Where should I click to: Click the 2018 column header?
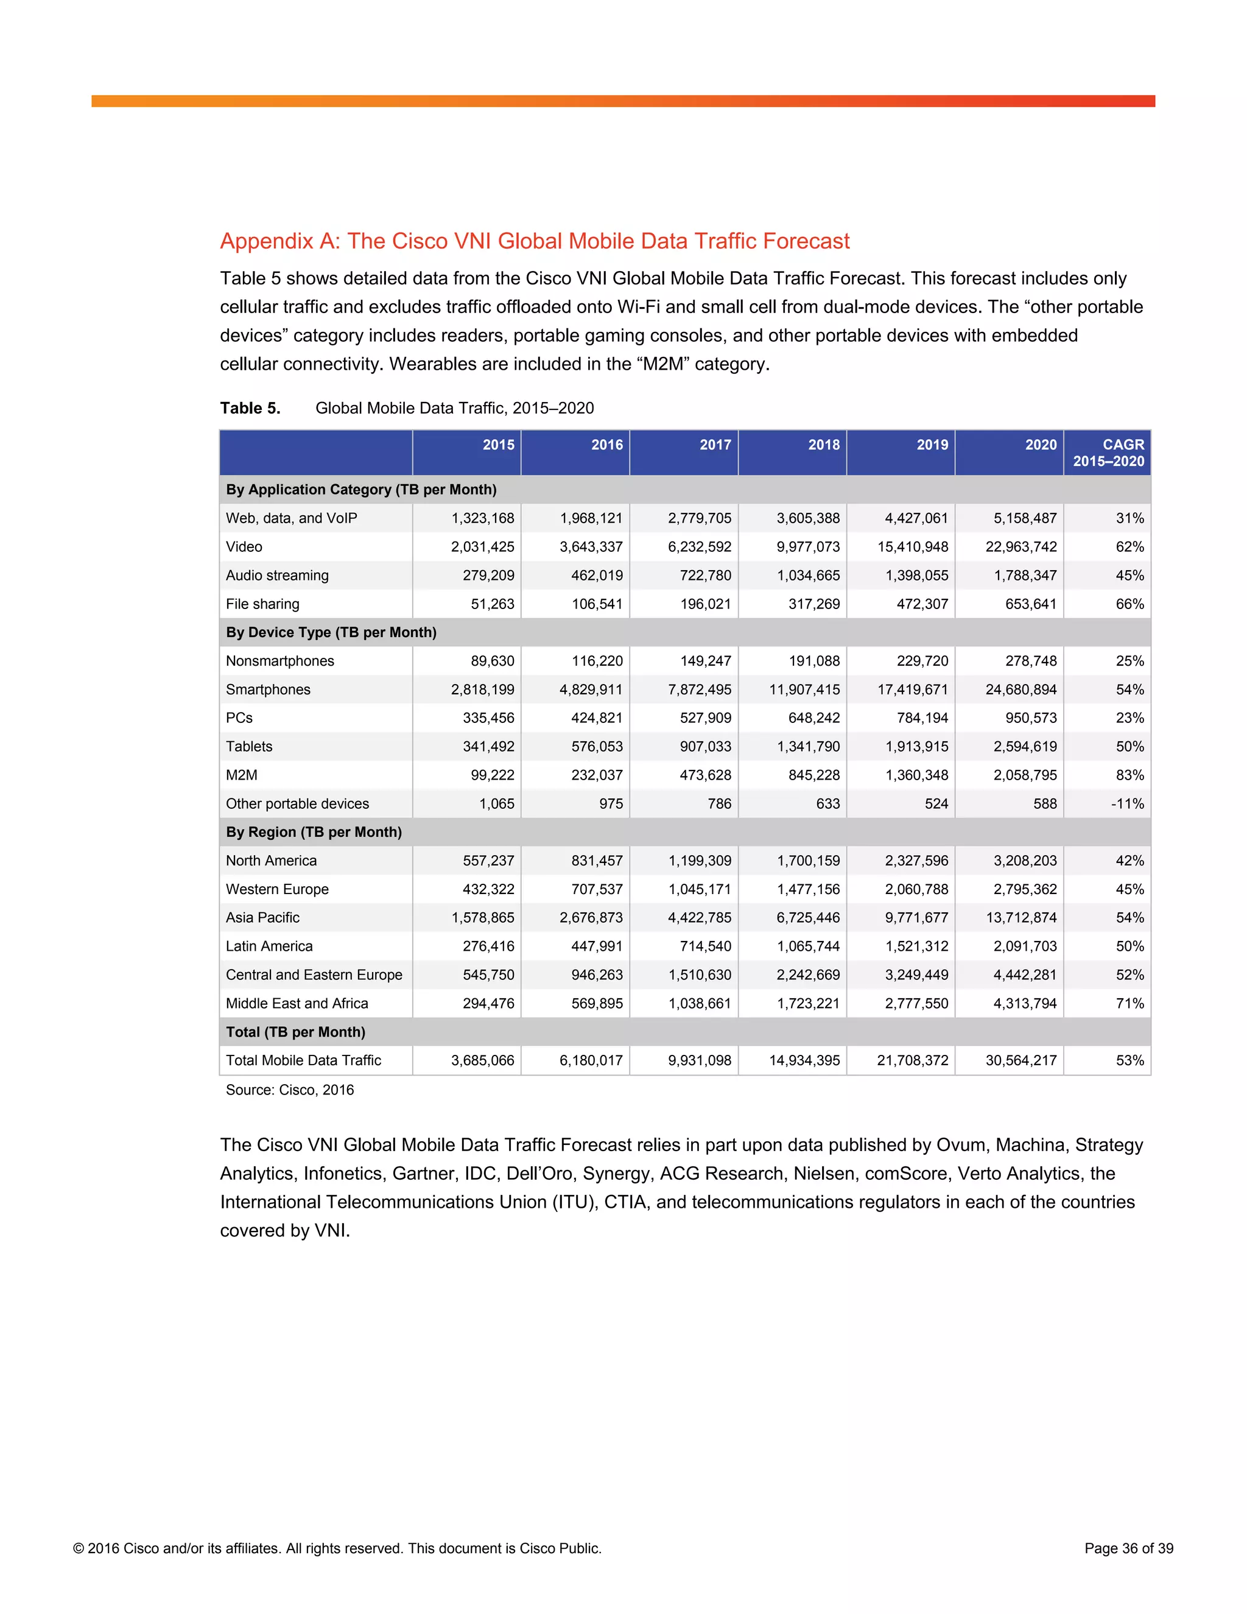click(x=823, y=445)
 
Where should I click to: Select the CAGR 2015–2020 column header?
click(x=1108, y=453)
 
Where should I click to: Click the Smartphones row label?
click(x=268, y=689)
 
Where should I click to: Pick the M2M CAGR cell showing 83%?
click(x=1129, y=775)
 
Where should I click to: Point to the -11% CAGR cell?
click(x=1126, y=804)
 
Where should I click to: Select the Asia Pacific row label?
click(x=262, y=918)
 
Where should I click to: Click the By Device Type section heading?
click(x=331, y=633)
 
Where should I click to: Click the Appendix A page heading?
click(x=534, y=241)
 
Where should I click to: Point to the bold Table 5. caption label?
click(x=250, y=408)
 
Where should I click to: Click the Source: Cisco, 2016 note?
click(x=290, y=1090)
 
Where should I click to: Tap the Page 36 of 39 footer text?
click(x=1128, y=1548)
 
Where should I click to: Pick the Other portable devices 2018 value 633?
click(x=827, y=804)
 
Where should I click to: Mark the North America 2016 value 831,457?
click(x=596, y=861)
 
